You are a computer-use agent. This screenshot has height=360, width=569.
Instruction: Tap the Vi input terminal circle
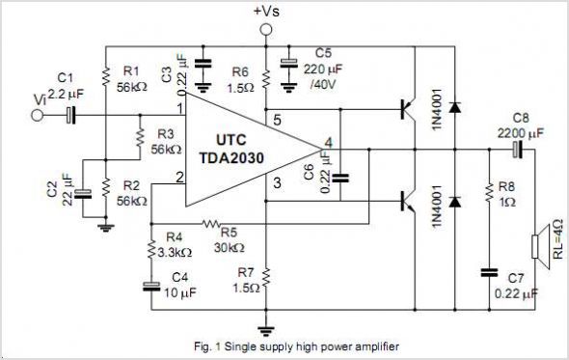pos(39,115)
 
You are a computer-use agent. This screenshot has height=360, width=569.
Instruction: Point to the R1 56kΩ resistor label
pos(132,78)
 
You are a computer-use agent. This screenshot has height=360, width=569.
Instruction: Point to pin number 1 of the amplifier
pos(179,107)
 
